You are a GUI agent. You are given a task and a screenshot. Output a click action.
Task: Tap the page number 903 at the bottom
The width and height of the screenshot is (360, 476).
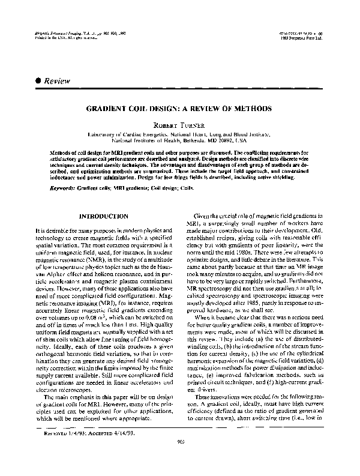coord(180,459)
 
